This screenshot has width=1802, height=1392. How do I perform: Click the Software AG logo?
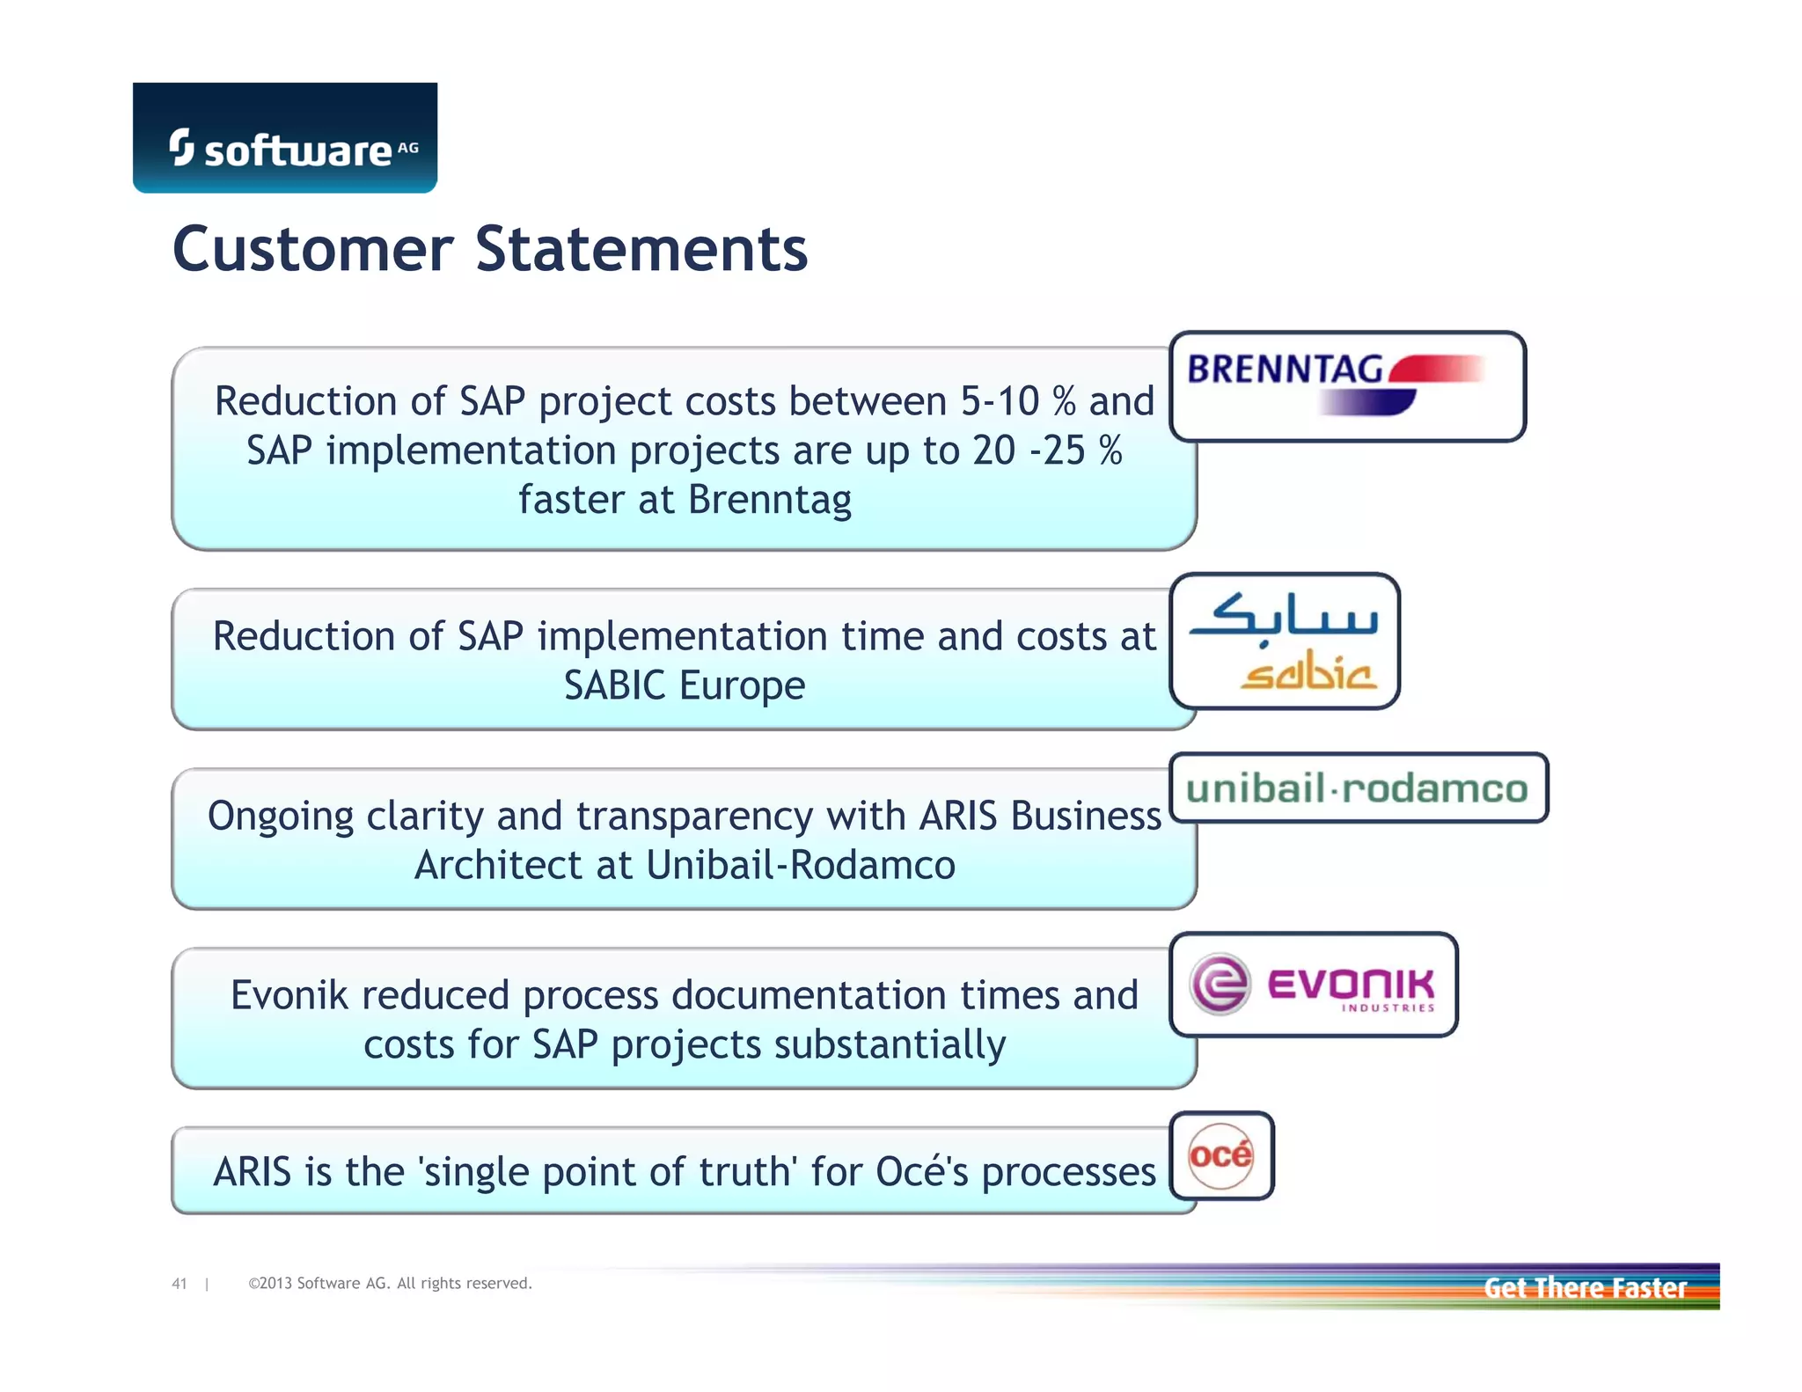tap(285, 139)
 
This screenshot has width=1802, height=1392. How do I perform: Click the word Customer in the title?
tap(312, 249)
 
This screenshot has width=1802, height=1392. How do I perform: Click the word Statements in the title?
tap(641, 249)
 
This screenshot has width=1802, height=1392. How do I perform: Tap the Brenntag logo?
tap(1346, 385)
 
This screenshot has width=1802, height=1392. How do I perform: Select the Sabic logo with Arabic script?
tap(1285, 641)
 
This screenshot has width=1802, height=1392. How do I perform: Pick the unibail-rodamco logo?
tap(1358, 788)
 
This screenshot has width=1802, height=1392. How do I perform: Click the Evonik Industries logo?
tap(1313, 985)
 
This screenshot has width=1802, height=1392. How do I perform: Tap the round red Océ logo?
tap(1220, 1155)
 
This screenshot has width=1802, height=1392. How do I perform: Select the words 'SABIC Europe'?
tap(685, 685)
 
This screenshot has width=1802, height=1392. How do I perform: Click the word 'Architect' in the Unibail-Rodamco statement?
tap(497, 865)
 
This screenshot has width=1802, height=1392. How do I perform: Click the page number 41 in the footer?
tap(179, 1284)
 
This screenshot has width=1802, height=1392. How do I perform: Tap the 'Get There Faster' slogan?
tap(1585, 1288)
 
